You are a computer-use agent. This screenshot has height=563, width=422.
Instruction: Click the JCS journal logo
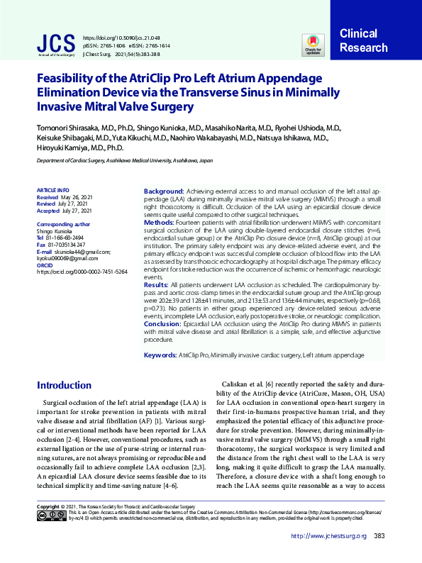[x=55, y=43]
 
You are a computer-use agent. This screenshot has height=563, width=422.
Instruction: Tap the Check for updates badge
[x=313, y=44]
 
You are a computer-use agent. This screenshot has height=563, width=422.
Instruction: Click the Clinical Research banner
[x=364, y=41]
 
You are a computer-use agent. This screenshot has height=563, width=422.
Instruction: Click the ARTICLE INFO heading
[x=53, y=190]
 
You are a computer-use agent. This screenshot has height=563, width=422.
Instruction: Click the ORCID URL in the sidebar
[x=82, y=272]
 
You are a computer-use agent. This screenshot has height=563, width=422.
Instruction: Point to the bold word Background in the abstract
[x=164, y=192]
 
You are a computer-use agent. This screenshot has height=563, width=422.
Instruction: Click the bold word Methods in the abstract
[x=159, y=222]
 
